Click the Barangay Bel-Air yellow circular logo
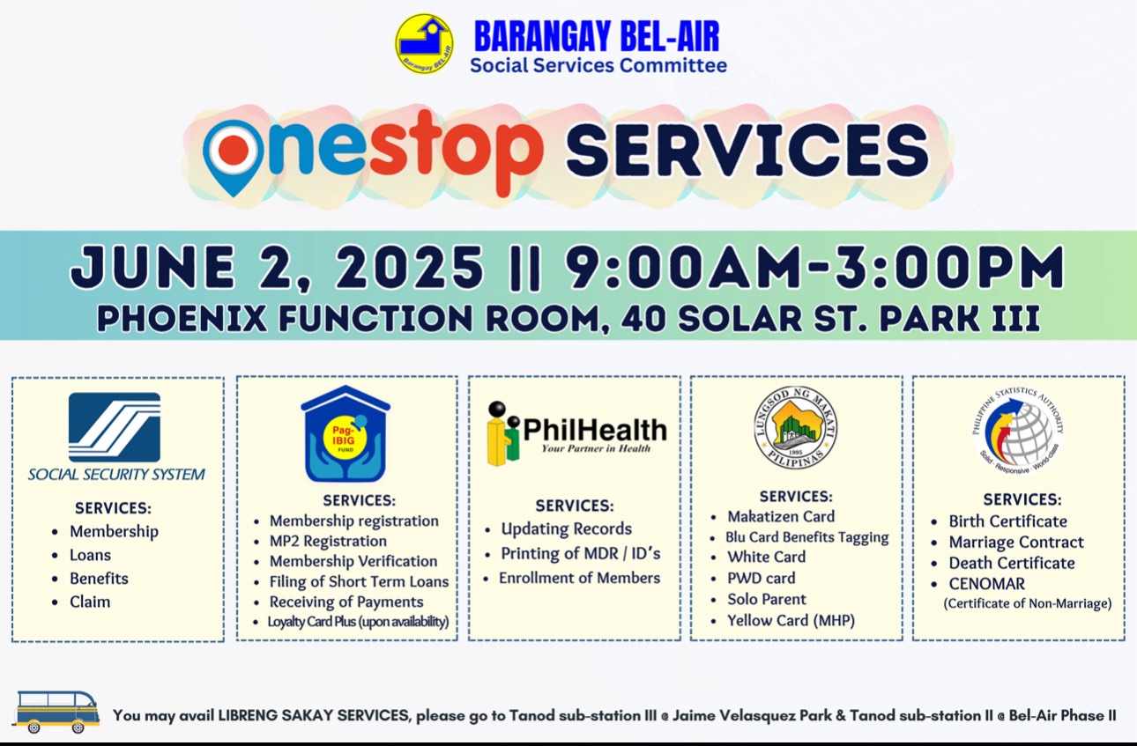tap(424, 44)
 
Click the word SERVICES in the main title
tap(747, 151)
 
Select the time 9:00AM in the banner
tap(685, 267)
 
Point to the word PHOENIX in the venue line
tap(182, 319)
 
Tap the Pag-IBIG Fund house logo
tap(346, 433)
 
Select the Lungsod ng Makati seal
tap(795, 427)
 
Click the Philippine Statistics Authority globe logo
tap(1018, 431)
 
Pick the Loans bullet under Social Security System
tap(90, 555)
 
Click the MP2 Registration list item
tap(328, 541)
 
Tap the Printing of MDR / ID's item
tap(580, 553)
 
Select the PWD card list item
tap(761, 578)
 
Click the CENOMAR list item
tap(987, 584)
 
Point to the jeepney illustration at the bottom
tap(56, 712)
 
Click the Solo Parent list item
tap(767, 600)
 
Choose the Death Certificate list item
tap(1012, 563)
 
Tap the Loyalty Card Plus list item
tap(358, 622)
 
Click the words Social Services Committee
tap(598, 65)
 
